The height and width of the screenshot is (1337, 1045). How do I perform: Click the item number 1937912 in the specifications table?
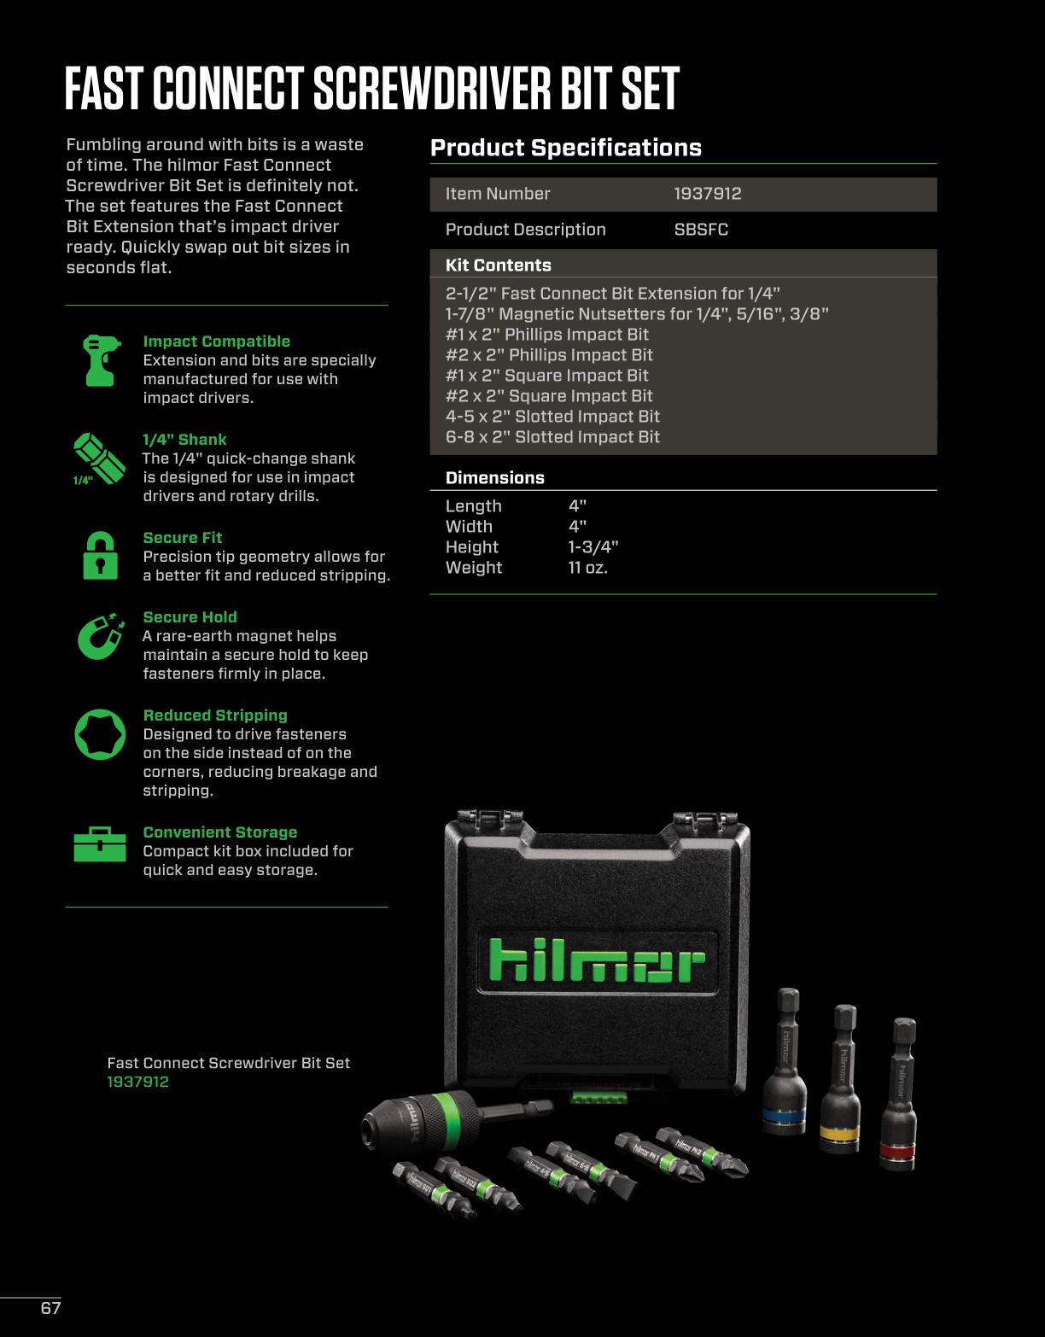click(707, 194)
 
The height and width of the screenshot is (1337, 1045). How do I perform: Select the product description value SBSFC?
click(700, 230)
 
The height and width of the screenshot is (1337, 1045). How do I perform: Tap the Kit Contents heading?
click(498, 266)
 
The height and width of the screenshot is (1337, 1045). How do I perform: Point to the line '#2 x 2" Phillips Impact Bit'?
click(549, 355)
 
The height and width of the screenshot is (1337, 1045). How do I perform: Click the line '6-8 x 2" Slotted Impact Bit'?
click(552, 437)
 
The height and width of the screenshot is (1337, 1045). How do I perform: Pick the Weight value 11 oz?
click(587, 568)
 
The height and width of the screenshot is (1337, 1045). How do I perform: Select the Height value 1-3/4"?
click(593, 547)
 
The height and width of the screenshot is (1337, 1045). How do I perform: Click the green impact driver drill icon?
click(99, 360)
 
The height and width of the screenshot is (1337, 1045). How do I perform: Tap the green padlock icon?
click(100, 556)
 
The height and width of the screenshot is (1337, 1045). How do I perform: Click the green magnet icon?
click(100, 636)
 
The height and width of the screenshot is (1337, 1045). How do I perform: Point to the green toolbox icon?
click(100, 844)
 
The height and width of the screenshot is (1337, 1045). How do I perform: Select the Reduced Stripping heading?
click(215, 715)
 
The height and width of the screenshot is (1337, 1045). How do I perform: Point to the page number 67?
click(50, 1308)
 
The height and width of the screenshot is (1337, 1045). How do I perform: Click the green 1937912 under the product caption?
click(137, 1082)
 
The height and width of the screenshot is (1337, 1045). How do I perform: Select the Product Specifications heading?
click(565, 148)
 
